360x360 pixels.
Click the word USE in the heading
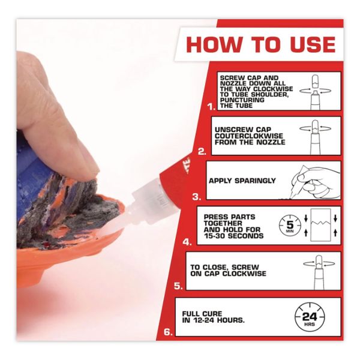pyautogui.click(x=313, y=44)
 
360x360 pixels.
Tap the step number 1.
pyautogui.click(x=211, y=107)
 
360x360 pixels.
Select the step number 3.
pyautogui.click(x=197, y=197)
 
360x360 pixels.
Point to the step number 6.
pyautogui.click(x=168, y=332)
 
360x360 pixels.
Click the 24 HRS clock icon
pyautogui.click(x=310, y=317)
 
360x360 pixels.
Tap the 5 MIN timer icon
pyautogui.click(x=290, y=226)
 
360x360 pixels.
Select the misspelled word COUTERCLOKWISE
pyautogui.click(x=248, y=136)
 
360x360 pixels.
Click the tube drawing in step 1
pyautogui.click(x=315, y=93)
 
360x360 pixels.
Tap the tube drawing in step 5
pyautogui.click(x=319, y=272)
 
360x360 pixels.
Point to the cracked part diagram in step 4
pyautogui.click(x=320, y=225)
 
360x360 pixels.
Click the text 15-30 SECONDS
pyautogui.click(x=234, y=236)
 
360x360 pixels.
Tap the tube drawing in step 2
pyautogui.click(x=315, y=137)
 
